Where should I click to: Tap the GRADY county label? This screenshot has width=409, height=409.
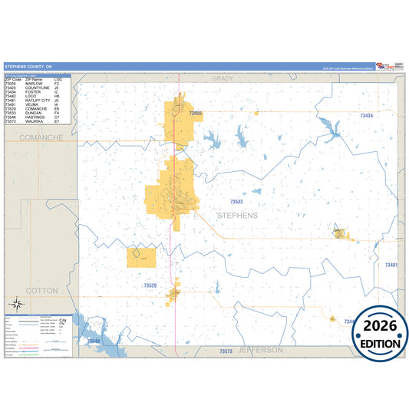223,78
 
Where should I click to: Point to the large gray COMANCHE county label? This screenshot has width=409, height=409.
42,137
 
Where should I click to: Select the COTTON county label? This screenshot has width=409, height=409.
41,291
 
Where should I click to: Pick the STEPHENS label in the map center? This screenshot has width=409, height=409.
238,216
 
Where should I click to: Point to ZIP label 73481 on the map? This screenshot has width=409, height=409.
391,265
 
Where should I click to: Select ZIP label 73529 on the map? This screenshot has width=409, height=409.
150,285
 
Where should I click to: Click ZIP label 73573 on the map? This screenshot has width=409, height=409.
226,351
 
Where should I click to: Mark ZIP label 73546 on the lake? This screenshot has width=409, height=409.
93,341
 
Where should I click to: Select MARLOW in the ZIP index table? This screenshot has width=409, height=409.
35,84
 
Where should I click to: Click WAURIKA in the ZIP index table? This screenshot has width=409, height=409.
35,121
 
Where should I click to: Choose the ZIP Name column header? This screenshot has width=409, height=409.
35,80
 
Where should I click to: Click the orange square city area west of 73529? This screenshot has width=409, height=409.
142,258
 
